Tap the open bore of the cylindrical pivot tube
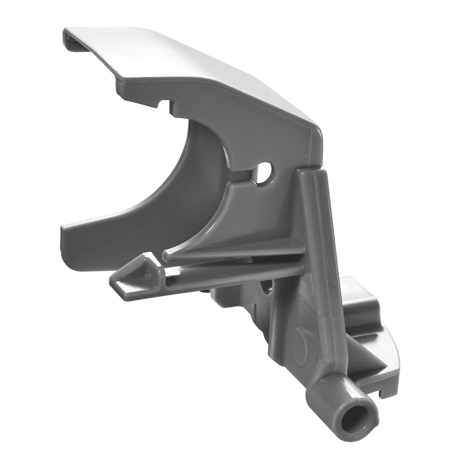point(354,416)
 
